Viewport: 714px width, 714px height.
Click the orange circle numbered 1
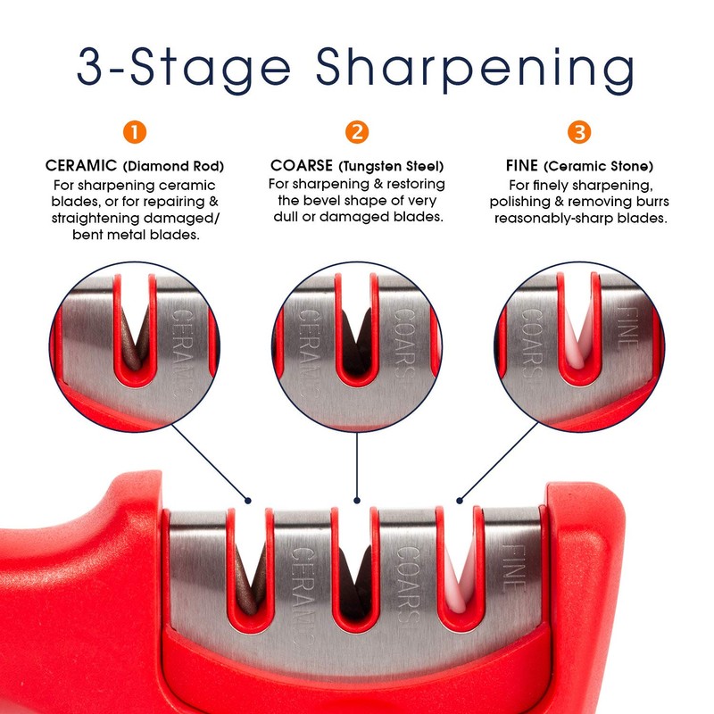point(134,133)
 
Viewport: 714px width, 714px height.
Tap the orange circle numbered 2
point(357,133)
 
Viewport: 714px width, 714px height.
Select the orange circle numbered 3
point(579,133)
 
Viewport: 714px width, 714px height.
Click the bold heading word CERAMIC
point(80,166)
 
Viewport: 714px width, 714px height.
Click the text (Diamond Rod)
point(173,166)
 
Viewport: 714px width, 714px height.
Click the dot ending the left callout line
point(250,501)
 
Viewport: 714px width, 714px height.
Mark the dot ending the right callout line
point(461,501)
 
